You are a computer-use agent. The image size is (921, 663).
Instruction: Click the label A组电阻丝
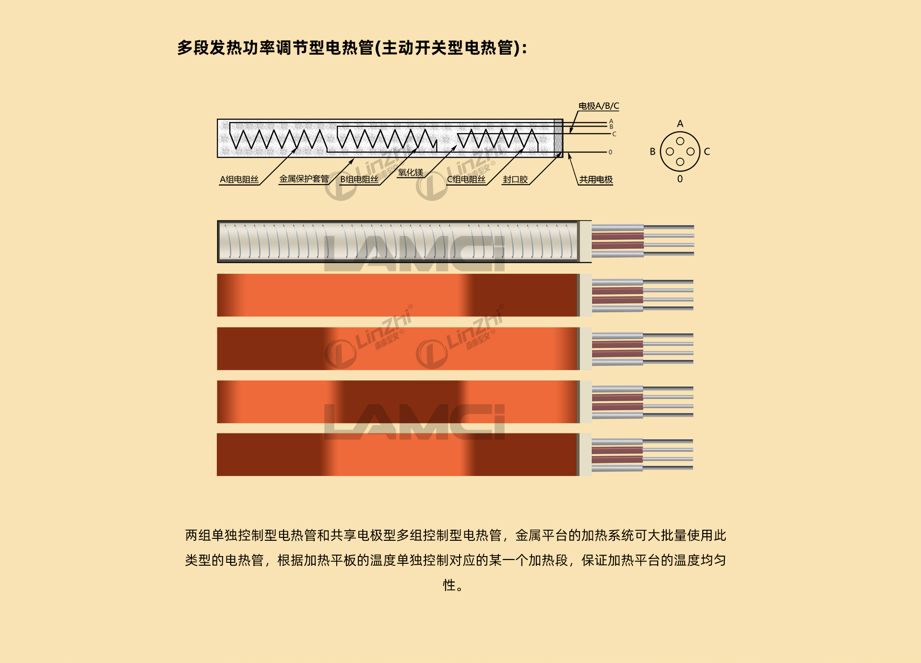coord(239,179)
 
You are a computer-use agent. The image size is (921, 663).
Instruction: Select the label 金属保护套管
coord(304,179)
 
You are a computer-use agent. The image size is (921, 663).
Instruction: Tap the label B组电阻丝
coord(359,179)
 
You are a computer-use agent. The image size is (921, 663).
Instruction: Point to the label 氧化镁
coord(411,173)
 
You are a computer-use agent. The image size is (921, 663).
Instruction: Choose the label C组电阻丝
coord(466,179)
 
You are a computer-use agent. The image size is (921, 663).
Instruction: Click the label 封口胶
coord(515,179)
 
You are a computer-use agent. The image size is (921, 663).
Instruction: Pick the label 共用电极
coord(596,179)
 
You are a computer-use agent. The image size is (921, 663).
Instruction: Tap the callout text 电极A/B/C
coord(599,106)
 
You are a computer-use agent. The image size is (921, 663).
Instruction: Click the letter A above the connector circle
coord(680,124)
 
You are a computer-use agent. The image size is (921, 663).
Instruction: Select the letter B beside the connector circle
coord(652,151)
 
